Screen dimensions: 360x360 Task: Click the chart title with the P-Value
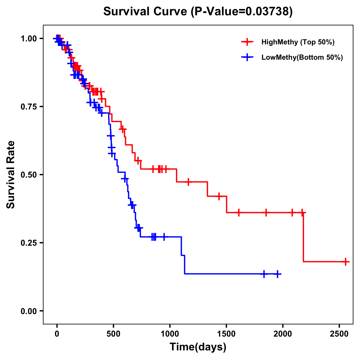click(x=198, y=11)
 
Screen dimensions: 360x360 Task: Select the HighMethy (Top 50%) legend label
click(x=298, y=42)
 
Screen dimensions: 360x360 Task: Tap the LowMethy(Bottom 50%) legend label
click(x=302, y=57)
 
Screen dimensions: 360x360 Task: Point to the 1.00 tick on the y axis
click(x=28, y=39)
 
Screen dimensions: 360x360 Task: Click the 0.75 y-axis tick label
click(x=28, y=107)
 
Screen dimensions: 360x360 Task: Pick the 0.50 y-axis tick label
click(x=28, y=175)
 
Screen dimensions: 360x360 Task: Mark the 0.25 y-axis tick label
click(x=28, y=243)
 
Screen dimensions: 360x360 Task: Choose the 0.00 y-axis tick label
click(x=28, y=311)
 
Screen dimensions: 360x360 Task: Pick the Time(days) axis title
click(x=198, y=347)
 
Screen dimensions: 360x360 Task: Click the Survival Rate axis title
click(x=11, y=175)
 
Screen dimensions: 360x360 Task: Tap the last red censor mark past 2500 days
click(x=346, y=262)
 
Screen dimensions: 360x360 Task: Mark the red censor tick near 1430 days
click(x=219, y=196)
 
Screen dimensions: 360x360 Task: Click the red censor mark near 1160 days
click(x=188, y=182)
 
